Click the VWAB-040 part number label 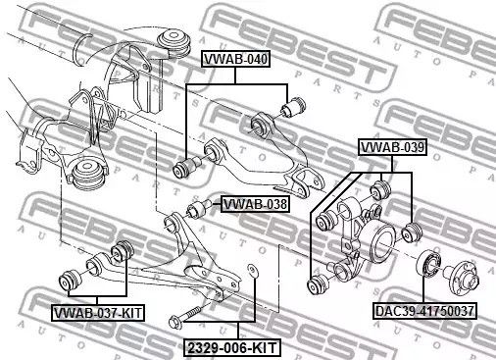(x=234, y=60)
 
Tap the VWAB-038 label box (x=255, y=205)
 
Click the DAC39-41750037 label (x=424, y=311)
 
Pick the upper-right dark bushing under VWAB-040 (x=291, y=103)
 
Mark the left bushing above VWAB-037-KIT (x=71, y=279)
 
